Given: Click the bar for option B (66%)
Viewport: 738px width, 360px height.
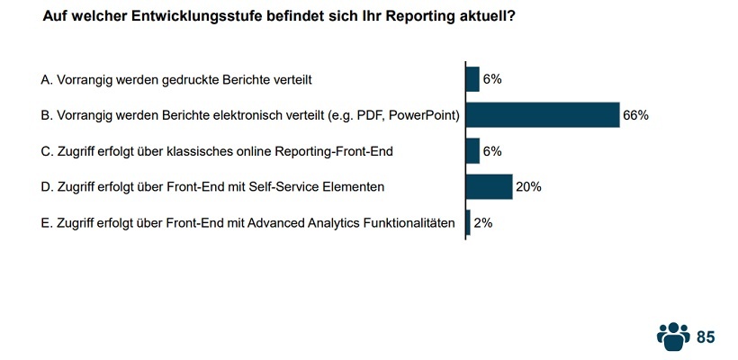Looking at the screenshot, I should (x=542, y=115).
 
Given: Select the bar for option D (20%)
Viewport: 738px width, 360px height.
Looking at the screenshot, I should (x=489, y=187).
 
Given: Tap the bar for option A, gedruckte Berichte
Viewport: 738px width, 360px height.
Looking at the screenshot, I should (x=472, y=79).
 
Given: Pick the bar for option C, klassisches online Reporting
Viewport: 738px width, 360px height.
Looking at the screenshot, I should (x=472, y=151).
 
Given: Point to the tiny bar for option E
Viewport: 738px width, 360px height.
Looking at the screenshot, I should (x=468, y=223).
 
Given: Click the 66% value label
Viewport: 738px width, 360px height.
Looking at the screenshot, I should (x=635, y=115).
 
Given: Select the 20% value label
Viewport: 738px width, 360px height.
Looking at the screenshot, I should (x=527, y=187).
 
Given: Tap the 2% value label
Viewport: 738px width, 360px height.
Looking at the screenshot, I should (x=482, y=223).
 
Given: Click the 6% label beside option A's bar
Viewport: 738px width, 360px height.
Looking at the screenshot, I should (x=492, y=79).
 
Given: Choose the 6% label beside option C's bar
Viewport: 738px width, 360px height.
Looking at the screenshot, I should (x=492, y=151).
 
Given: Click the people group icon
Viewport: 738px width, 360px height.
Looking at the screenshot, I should (x=672, y=336).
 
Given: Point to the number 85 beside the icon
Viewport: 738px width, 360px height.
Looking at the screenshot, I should (x=706, y=337).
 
